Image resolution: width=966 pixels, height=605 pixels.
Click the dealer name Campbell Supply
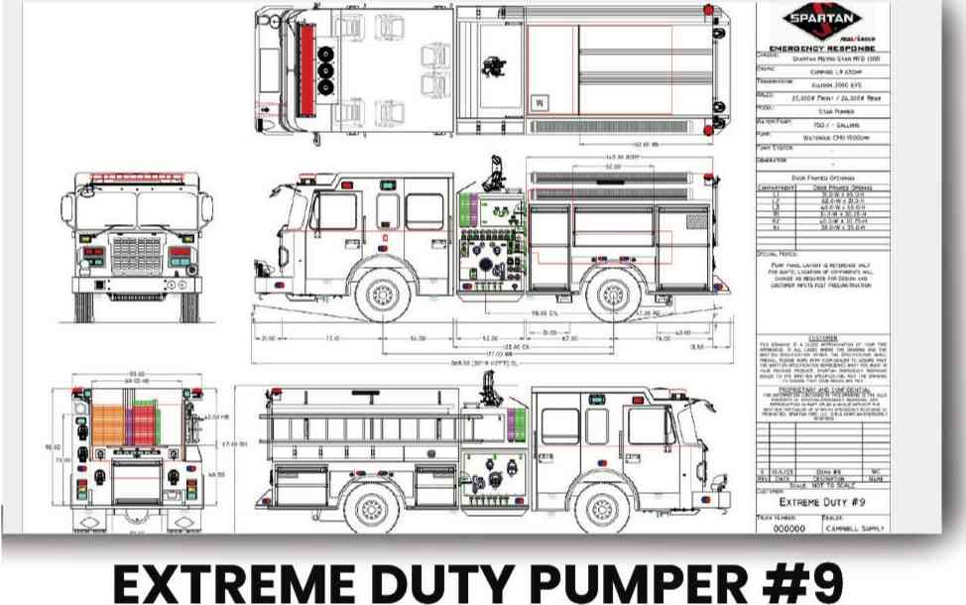pos(855,529)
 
